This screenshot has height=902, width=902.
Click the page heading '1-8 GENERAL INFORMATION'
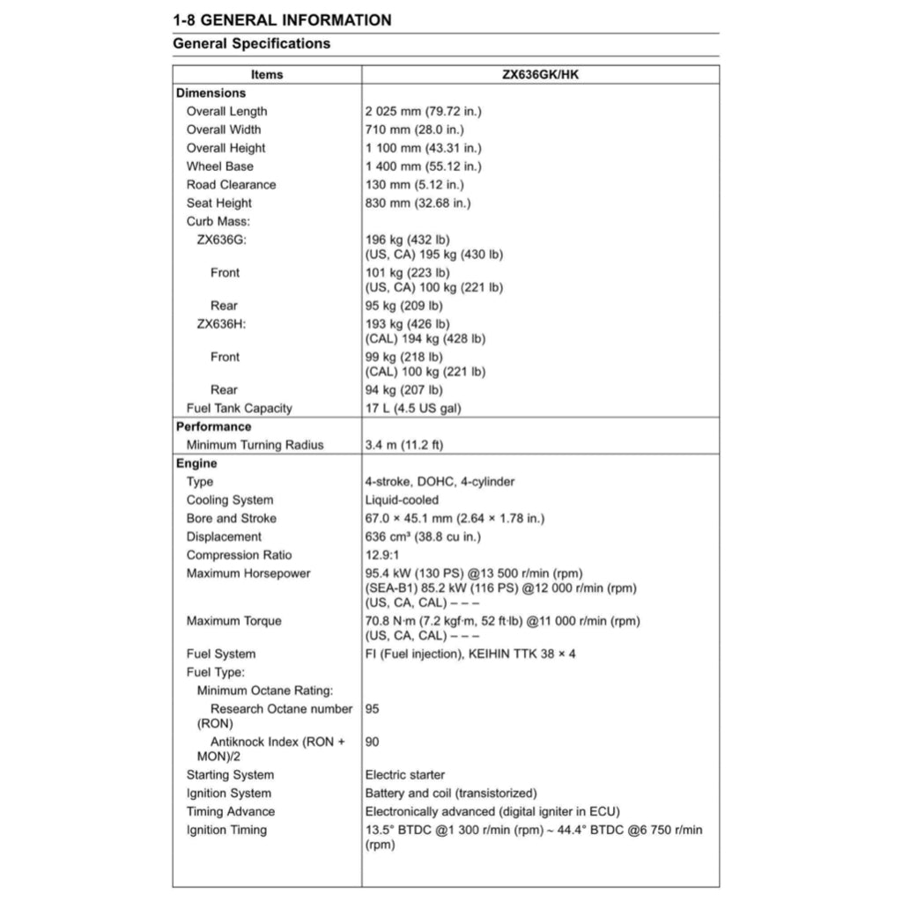tap(282, 19)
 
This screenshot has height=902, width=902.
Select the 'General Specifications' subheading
tap(251, 43)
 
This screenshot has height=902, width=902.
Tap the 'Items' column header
tap(267, 75)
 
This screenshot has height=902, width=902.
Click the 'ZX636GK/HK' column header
tap(540, 75)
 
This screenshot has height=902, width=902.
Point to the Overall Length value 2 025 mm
tap(423, 112)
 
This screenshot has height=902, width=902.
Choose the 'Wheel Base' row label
tap(219, 166)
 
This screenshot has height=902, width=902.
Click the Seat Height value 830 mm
tap(418, 203)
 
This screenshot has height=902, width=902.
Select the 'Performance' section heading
tap(213, 427)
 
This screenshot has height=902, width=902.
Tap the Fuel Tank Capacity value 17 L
tap(413, 409)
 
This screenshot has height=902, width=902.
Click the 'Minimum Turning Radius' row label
tap(255, 446)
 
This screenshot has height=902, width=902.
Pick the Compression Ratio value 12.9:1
tap(383, 556)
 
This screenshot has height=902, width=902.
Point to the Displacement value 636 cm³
tap(423, 537)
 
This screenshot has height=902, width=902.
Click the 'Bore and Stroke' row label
tap(231, 519)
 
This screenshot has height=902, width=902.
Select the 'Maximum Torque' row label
tap(233, 622)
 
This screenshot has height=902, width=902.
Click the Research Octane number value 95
tap(373, 709)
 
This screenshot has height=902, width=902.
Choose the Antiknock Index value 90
tap(373, 743)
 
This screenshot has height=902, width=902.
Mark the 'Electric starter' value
tap(405, 775)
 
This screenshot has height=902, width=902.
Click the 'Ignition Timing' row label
tap(226, 831)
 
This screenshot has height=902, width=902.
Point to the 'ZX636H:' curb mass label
tap(221, 324)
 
